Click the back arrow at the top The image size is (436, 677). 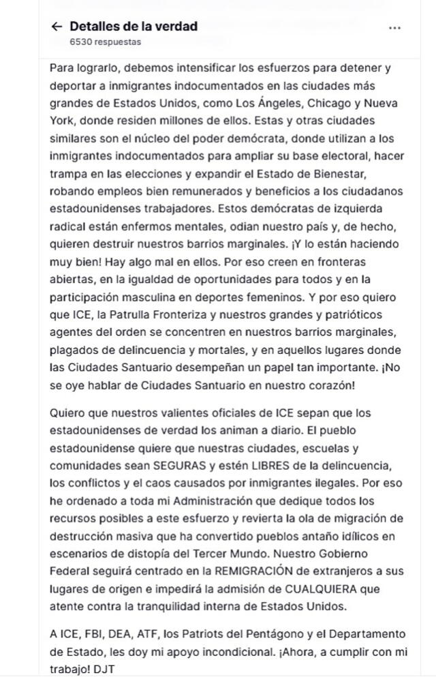click(x=57, y=27)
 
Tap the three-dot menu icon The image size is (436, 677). click(x=394, y=28)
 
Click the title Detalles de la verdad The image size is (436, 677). click(x=134, y=27)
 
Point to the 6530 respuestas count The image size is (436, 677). click(x=106, y=42)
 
